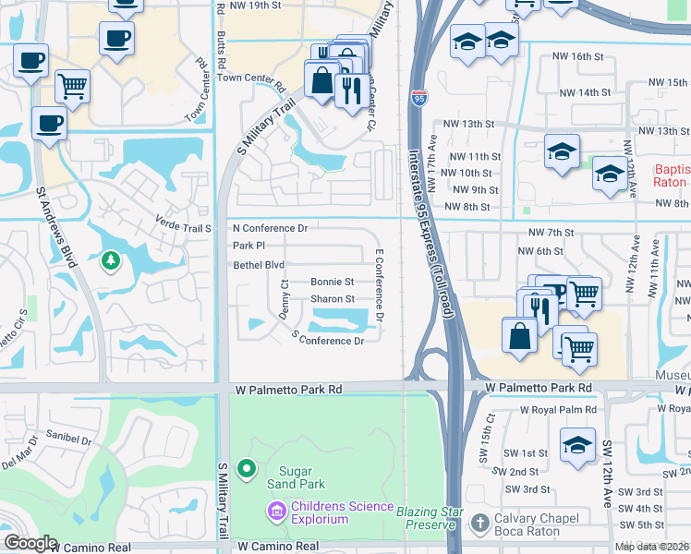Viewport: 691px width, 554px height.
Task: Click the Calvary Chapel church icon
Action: click(x=479, y=524)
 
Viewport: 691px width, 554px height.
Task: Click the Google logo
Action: click(x=30, y=543)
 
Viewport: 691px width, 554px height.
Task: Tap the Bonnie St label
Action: click(x=332, y=282)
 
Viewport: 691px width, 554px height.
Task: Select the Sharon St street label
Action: click(x=332, y=299)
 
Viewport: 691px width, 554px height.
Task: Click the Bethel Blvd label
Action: click(x=258, y=265)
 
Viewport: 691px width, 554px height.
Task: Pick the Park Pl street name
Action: click(x=249, y=246)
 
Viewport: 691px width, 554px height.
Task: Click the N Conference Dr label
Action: click(x=269, y=227)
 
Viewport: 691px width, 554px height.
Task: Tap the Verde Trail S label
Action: click(x=183, y=227)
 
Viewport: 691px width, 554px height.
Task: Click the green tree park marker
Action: click(x=110, y=262)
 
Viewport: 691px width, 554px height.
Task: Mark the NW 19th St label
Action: click(x=257, y=5)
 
